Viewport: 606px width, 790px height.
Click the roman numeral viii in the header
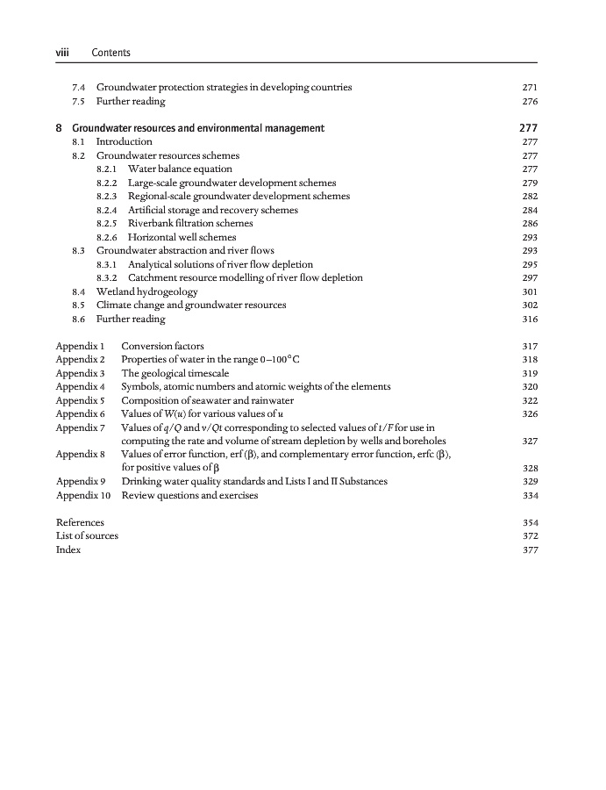[62, 53]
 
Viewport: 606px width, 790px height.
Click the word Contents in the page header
[111, 53]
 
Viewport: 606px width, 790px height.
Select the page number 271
[529, 88]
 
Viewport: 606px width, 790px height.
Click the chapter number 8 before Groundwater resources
[59, 128]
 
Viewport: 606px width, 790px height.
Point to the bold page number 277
[528, 128]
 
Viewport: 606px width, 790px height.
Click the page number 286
[529, 224]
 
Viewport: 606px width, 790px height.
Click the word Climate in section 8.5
[114, 305]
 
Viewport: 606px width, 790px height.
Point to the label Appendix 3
[80, 373]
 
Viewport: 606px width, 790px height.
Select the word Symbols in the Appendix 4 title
[140, 386]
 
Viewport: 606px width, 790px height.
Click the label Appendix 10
[82, 495]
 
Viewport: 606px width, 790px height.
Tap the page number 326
[529, 413]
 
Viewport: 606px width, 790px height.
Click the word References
[80, 522]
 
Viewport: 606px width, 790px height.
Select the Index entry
[68, 549]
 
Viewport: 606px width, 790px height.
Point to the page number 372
[529, 536]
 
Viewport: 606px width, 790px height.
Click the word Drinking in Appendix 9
[141, 482]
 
